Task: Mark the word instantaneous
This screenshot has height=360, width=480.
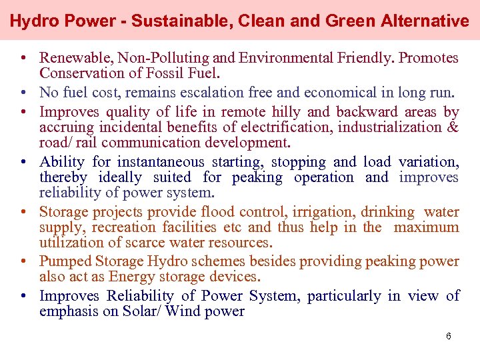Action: click(x=161, y=162)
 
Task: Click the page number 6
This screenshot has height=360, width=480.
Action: click(x=449, y=336)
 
